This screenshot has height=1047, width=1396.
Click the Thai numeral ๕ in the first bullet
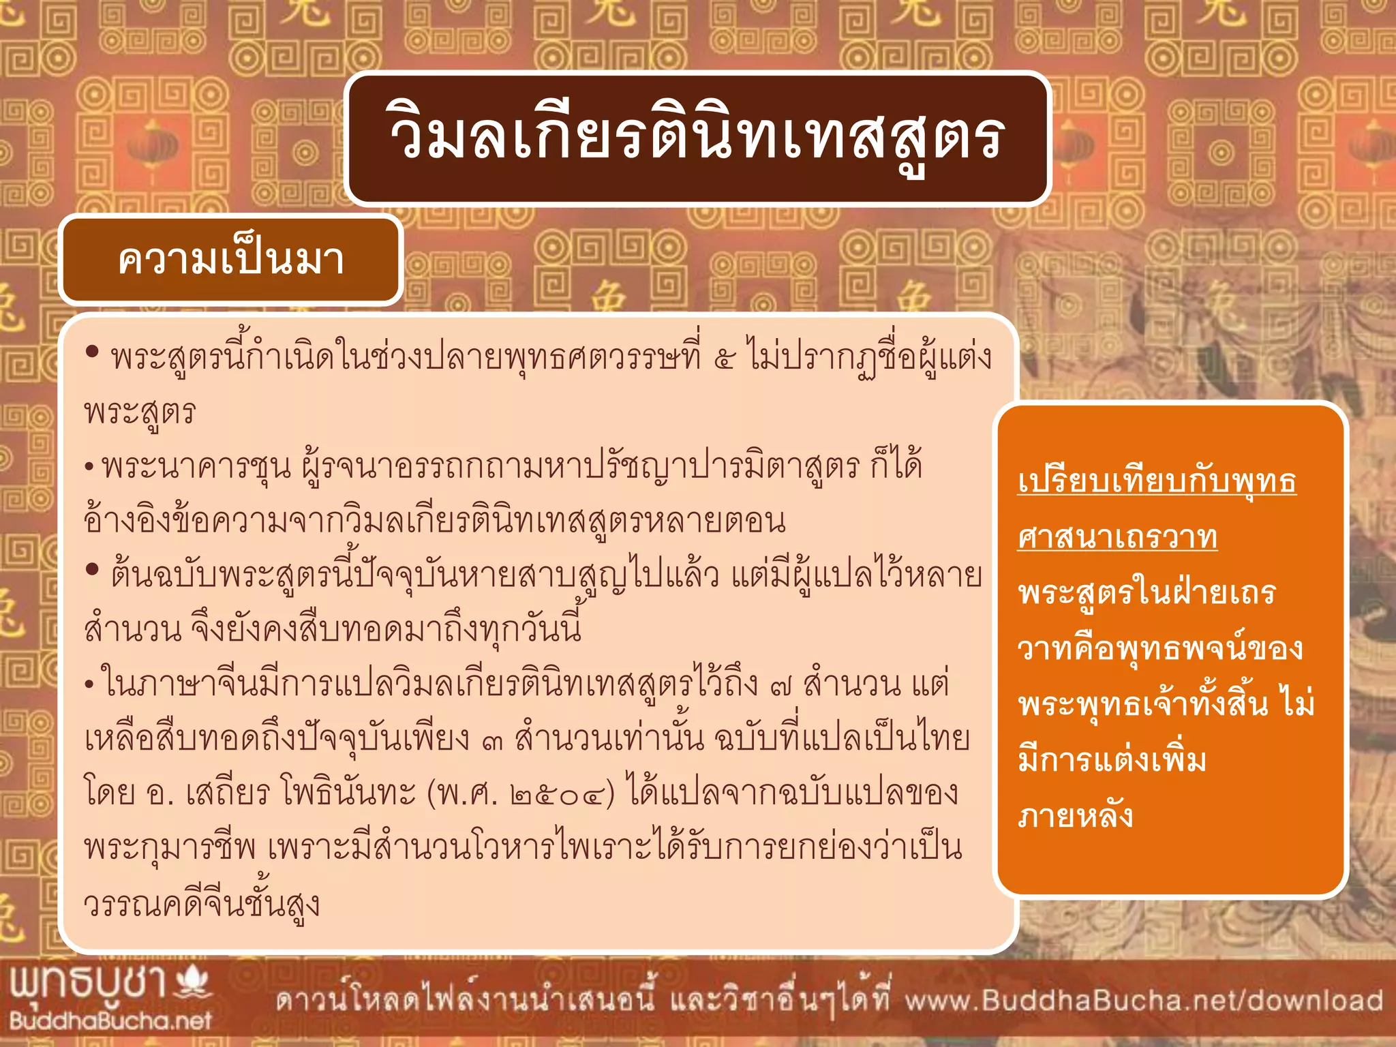pos(723,359)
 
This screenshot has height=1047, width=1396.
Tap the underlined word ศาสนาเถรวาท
pos(1117,538)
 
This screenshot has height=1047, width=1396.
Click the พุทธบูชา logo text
pos(89,984)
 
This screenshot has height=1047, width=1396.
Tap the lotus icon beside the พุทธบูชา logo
pos(193,982)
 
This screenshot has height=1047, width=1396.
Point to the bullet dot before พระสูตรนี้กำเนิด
pos(93,352)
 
